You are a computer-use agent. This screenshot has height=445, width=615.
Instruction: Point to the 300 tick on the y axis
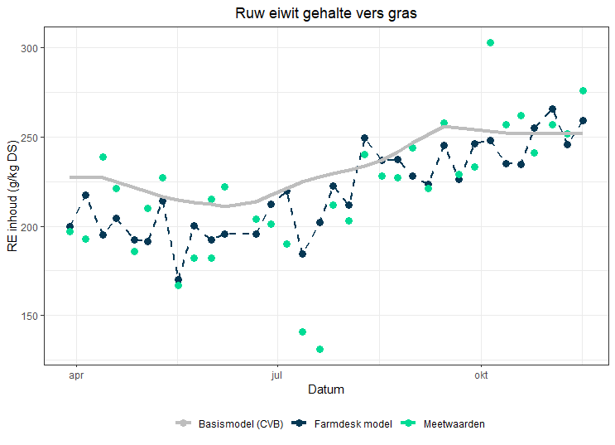pos(31,48)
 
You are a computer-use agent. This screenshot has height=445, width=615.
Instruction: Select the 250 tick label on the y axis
pos(31,138)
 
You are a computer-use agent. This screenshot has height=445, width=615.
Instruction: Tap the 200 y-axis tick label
pos(31,226)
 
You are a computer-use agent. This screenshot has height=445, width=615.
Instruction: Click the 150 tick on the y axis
pos(31,316)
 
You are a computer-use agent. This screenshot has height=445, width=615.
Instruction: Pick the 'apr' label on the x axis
pos(77,375)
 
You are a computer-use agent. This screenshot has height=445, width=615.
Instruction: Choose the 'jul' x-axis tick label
pos(278,375)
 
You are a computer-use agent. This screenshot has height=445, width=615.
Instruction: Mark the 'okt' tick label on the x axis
pos(480,375)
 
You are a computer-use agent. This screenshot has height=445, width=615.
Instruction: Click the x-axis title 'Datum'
pos(325,389)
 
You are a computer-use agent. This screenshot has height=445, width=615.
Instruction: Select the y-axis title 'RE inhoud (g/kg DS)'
pos(12,197)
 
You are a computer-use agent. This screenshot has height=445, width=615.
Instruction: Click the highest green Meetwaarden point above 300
pos(490,42)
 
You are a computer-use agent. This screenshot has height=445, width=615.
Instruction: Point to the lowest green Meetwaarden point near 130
pos(320,349)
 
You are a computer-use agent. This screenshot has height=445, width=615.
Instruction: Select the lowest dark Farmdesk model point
pos(178,280)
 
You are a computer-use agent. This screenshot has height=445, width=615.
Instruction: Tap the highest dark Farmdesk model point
pos(552,109)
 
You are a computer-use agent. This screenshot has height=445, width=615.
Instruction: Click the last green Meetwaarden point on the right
pos(583,90)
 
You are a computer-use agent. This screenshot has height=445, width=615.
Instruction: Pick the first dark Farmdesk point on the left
pos(70,226)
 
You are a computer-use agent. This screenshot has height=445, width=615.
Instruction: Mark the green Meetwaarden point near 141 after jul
pos(302,331)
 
